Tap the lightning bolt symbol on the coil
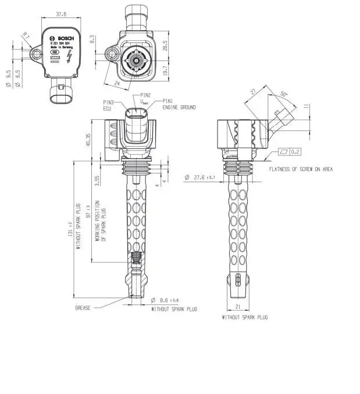[69, 56]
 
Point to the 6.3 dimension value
[92, 39]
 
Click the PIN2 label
[145, 95]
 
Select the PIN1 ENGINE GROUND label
[179, 104]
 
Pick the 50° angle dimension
[283, 94]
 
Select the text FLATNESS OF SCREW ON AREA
[301, 169]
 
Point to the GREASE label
[83, 307]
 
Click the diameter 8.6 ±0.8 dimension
[169, 300]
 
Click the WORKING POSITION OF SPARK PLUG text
[100, 221]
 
